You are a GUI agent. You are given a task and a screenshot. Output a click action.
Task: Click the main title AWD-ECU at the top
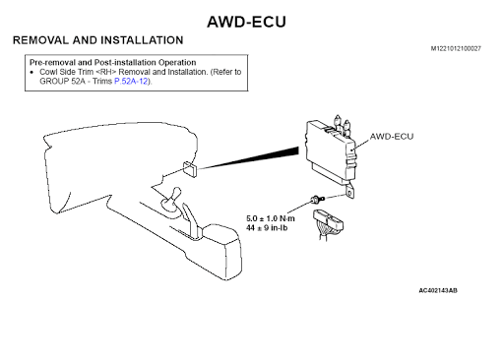coord(246,22)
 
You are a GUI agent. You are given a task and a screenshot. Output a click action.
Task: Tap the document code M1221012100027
coord(456,48)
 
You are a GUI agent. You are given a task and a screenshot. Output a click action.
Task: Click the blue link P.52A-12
coord(131,81)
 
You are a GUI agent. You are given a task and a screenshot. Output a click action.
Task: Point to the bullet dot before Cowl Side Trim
coord(31,72)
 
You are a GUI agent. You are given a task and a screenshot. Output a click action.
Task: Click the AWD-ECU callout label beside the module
coord(392,137)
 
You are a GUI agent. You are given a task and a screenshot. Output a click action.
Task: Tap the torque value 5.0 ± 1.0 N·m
coord(271,218)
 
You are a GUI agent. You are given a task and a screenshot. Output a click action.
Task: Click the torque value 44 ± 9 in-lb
coord(267,227)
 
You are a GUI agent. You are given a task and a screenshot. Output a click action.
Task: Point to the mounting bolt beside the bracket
coord(317,199)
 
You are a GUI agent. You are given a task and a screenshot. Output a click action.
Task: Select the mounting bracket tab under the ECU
coord(349,192)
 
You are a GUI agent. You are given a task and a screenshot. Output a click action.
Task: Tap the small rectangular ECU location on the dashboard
coord(190,169)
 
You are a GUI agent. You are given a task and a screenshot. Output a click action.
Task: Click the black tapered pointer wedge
coord(249,158)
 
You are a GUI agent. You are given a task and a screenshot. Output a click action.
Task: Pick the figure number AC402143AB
coord(438,290)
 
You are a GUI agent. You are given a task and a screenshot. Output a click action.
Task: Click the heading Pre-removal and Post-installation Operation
coord(113,62)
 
